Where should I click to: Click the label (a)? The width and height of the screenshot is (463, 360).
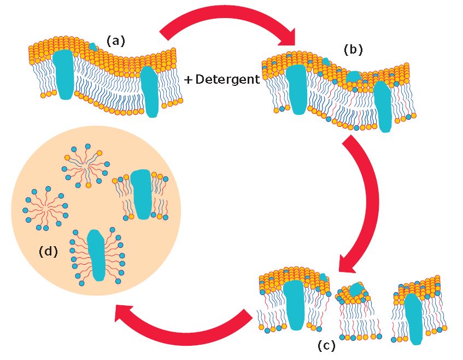pyautogui.click(x=115, y=40)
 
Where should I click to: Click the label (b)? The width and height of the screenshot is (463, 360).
pyautogui.click(x=353, y=49)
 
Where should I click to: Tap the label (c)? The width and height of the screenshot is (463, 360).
pyautogui.click(x=326, y=346)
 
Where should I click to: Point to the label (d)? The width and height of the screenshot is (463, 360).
pyautogui.click(x=48, y=251)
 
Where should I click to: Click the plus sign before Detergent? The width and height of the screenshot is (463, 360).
pyautogui.click(x=188, y=80)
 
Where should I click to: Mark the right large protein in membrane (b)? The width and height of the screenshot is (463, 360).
pyautogui.click(x=384, y=107)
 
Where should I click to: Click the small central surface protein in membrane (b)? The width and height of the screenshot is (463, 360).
pyautogui.click(x=353, y=77)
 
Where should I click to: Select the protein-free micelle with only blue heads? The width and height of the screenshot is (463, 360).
pyautogui.click(x=45, y=207)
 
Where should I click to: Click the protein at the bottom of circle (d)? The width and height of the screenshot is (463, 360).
pyautogui.click(x=97, y=254)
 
